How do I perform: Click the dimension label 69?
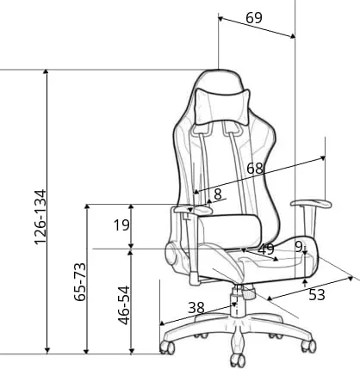coord(254,18)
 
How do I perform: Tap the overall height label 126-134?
coord(40,217)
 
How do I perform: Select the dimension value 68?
coord(255,169)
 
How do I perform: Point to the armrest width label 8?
coord(218,194)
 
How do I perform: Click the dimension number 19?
coord(122,225)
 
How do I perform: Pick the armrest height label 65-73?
coord(80,281)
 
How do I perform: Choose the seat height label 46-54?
coord(124,305)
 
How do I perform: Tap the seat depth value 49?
coord(266,249)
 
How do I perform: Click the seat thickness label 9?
coord(299,247)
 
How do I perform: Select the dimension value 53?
coord(317,295)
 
